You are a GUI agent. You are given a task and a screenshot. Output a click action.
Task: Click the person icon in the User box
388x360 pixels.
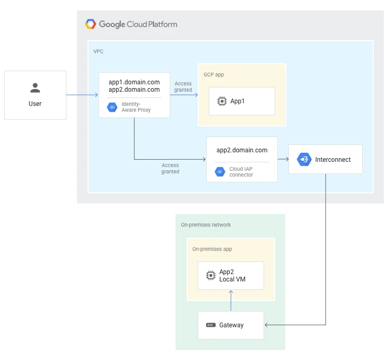pyautogui.click(x=35, y=88)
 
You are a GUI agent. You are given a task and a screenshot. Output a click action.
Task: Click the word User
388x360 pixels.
pyautogui.click(x=35, y=104)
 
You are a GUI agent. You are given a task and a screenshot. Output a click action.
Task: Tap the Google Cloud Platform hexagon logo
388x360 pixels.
pyautogui.click(x=91, y=24)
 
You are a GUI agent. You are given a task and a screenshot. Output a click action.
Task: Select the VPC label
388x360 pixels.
pyautogui.click(x=99, y=52)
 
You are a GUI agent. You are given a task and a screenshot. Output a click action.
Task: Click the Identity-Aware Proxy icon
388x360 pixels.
pyautogui.click(x=112, y=107)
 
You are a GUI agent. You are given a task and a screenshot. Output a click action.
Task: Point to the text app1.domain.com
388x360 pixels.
pyautogui.click(x=134, y=82)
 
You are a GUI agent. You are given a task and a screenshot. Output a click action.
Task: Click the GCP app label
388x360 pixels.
pyautogui.click(x=214, y=75)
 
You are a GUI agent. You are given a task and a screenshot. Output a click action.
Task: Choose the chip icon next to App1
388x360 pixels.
pyautogui.click(x=222, y=101)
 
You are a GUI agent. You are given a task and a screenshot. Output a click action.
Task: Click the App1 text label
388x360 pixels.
pyautogui.click(x=238, y=101)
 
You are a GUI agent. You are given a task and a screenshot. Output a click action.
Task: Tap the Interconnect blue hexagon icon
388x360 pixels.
pyautogui.click(x=304, y=159)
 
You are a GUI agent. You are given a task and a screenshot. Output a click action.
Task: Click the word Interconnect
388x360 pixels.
pyautogui.click(x=333, y=160)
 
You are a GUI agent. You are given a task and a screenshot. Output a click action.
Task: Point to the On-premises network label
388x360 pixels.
pyautogui.click(x=206, y=225)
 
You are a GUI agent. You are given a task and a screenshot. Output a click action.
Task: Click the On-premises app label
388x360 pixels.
pyautogui.click(x=212, y=249)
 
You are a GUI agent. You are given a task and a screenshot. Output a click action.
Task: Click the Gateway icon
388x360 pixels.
pyautogui.click(x=210, y=325)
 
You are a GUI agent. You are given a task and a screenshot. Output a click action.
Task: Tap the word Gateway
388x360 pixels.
pyautogui.click(x=231, y=325)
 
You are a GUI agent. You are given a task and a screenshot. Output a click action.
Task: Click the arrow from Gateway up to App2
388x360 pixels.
pyautogui.click(x=230, y=300)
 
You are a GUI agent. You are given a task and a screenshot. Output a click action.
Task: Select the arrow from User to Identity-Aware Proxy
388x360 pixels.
pyautogui.click(x=82, y=95)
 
